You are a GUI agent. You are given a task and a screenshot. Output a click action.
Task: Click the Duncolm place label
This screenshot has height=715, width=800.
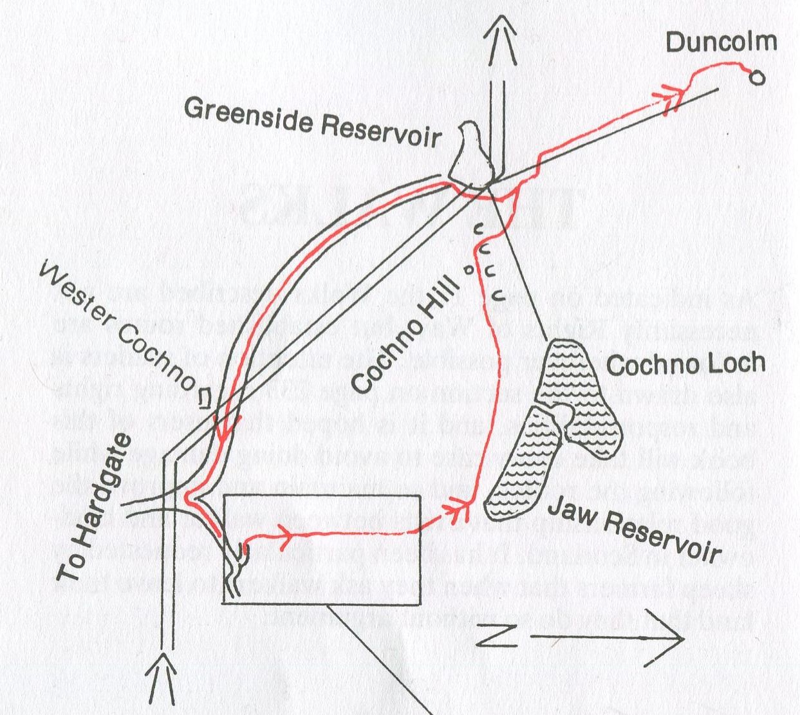point(721,42)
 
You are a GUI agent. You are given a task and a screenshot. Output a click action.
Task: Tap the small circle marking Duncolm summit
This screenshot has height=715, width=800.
point(758,78)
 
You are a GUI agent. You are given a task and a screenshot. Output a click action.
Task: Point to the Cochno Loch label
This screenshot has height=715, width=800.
point(686,365)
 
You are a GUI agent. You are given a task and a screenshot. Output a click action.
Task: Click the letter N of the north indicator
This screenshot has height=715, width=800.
point(496,637)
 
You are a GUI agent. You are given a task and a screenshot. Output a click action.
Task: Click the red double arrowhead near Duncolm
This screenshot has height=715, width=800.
point(671,96)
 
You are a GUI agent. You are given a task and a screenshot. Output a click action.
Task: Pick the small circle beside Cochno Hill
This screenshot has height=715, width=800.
point(469,270)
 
